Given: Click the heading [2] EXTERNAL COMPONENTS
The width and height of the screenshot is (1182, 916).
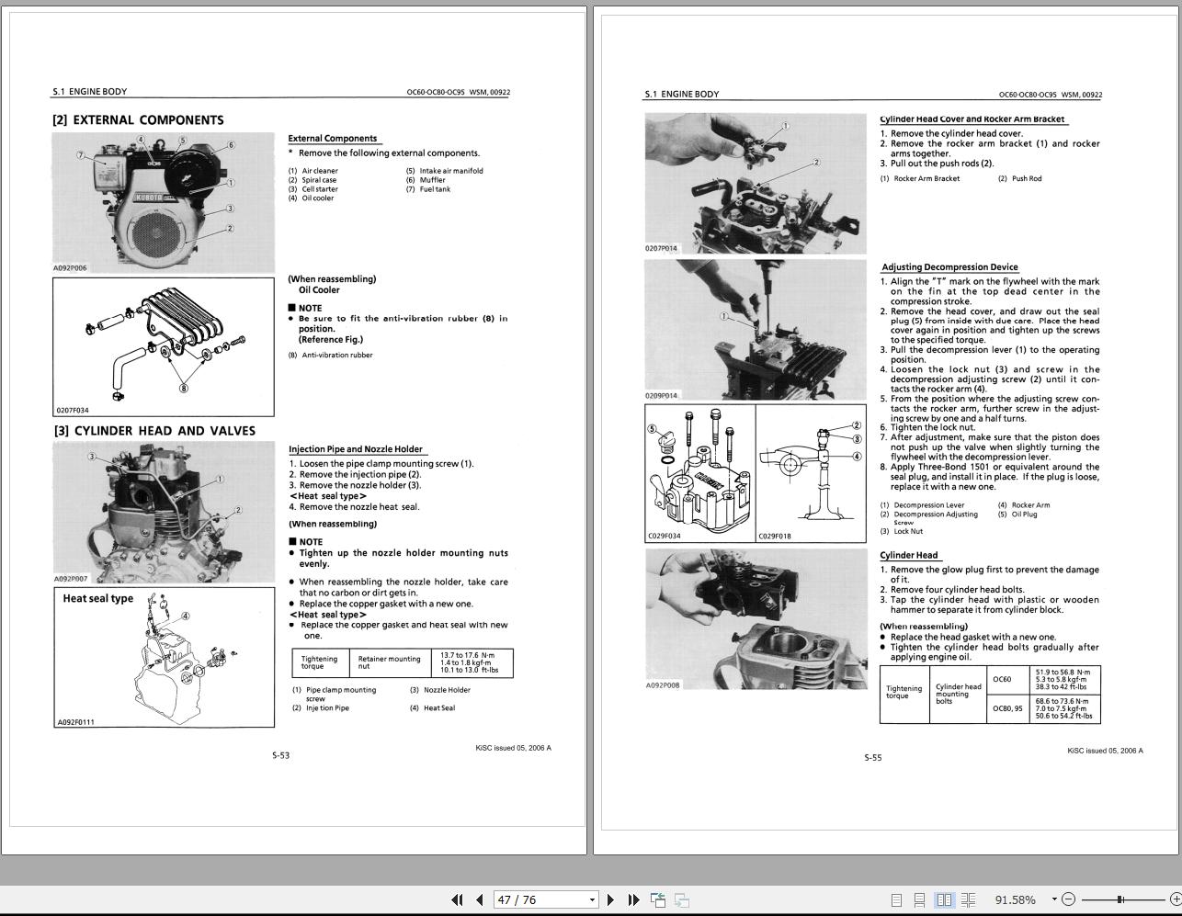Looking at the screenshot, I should pos(138,120).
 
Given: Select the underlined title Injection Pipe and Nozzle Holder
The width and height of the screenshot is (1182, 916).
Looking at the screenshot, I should pos(356,449).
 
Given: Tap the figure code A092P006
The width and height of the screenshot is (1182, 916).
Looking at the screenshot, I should pos(70,268).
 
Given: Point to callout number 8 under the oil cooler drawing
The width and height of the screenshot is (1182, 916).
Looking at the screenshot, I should pos(183,388).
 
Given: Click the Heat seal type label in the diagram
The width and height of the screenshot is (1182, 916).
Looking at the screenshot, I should pos(97,599).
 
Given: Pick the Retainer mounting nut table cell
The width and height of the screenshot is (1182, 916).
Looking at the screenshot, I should pos(389,662).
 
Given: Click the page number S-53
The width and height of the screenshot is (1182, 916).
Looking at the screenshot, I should pos(280,755).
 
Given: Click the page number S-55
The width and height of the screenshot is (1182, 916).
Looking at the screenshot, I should pos(872,758).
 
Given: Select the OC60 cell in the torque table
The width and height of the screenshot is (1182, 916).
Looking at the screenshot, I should pos(1002,680).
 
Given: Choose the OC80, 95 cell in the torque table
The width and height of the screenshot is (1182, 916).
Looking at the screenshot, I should pos(1007,708).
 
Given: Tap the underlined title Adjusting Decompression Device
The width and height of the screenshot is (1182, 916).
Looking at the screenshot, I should pos(949,267).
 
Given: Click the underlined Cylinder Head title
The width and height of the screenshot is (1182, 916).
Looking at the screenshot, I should pos(908,555).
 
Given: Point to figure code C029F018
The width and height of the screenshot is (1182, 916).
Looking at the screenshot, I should pos(774,536).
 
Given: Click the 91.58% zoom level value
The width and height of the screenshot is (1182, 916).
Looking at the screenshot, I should pos(1015,899).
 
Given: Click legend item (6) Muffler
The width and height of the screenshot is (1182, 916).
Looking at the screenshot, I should pos(432,180).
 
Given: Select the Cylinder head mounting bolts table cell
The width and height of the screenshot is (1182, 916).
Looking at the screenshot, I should pos(958,694).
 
